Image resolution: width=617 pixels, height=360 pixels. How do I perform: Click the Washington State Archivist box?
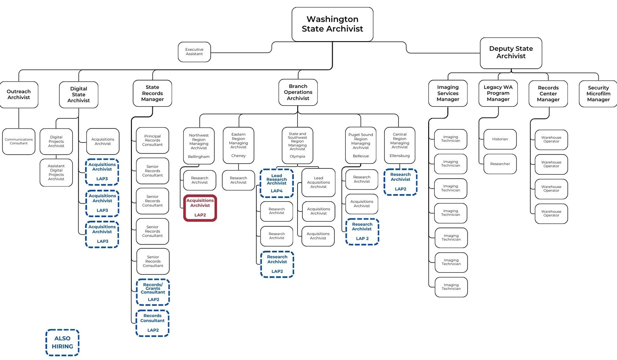click(332, 24)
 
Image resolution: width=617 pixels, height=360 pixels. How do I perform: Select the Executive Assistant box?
click(194, 52)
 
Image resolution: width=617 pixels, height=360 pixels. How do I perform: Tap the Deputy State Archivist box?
click(511, 52)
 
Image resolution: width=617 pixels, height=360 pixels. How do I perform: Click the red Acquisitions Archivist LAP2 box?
click(200, 208)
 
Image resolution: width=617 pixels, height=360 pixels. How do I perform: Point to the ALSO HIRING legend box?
click(62, 342)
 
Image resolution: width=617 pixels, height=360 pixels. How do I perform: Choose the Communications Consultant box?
click(19, 142)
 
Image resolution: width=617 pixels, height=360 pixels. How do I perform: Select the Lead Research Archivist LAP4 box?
click(277, 183)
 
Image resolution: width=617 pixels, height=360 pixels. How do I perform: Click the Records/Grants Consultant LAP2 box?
click(153, 292)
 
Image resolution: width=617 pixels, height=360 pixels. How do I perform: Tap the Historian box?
click(500, 139)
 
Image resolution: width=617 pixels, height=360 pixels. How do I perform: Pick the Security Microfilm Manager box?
click(598, 94)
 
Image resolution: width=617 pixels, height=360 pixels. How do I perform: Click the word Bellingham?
click(199, 157)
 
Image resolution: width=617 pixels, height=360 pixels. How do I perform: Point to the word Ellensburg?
click(400, 156)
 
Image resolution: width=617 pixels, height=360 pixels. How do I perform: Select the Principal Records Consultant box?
click(152, 141)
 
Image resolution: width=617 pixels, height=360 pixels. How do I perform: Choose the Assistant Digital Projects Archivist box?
click(56, 172)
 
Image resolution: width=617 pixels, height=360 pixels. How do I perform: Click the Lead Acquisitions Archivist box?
click(318, 182)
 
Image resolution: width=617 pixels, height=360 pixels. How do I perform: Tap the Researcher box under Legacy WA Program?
click(500, 164)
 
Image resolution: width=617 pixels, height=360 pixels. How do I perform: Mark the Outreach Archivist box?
click(19, 95)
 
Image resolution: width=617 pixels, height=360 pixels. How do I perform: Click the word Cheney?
click(238, 156)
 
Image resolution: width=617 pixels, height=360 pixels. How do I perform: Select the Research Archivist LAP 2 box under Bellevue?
click(362, 232)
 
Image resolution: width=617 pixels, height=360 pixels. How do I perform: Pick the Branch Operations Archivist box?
click(298, 92)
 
